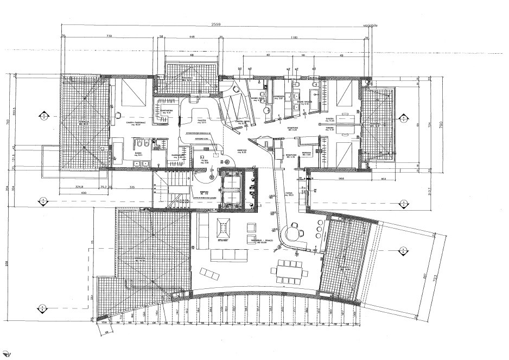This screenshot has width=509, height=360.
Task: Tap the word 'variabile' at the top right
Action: click(x=371, y=25)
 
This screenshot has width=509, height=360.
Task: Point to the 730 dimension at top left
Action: click(x=109, y=36)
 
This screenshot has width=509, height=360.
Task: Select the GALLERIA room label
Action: click(x=201, y=122)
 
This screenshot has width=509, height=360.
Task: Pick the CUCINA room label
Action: click(x=289, y=193)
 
